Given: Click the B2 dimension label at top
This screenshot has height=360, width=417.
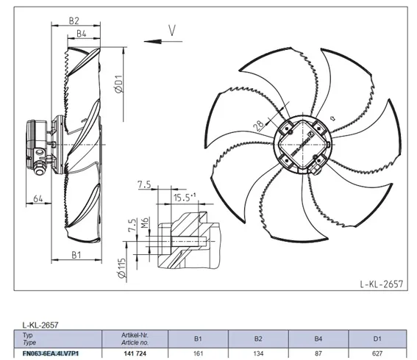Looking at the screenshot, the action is (x=74, y=21).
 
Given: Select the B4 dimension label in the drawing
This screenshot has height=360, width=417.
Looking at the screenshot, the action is (x=82, y=34).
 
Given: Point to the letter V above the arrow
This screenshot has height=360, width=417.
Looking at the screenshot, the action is (x=172, y=30).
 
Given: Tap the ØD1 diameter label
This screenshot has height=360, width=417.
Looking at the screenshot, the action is (x=119, y=84).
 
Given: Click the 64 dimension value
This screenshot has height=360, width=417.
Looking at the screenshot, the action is (x=38, y=198).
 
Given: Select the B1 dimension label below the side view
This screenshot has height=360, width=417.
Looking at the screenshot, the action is (x=76, y=255).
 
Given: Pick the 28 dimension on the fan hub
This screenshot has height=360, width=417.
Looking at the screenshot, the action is (x=259, y=126).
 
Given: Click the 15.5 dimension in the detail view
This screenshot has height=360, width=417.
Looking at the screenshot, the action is (x=185, y=198).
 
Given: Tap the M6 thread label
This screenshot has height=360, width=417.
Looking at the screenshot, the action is (x=145, y=223).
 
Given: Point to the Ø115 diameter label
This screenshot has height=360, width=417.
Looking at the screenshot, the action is (x=121, y=268).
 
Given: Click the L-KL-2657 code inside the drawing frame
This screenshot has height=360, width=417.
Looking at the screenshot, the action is (x=382, y=284).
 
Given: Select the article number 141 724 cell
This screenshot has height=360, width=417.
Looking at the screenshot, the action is (x=135, y=353).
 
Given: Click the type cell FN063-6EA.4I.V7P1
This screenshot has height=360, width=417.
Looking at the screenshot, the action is (x=51, y=353).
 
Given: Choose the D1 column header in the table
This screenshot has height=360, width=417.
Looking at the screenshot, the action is (x=377, y=339).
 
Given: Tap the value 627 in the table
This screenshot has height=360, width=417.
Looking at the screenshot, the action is (x=377, y=353).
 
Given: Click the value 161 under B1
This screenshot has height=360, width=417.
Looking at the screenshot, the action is (x=198, y=353).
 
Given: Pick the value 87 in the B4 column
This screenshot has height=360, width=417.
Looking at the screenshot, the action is (x=318, y=353).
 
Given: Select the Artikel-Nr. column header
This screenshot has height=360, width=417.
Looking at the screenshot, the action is (x=135, y=335).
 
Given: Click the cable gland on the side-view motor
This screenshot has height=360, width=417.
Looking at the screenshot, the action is (x=39, y=169).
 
